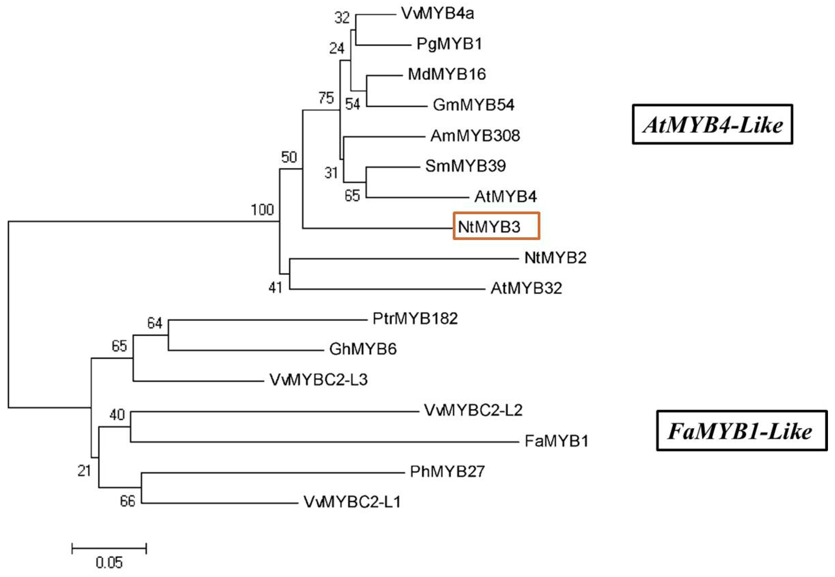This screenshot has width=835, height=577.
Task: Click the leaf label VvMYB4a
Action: [x=437, y=14]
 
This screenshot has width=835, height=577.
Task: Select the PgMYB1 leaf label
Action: [x=449, y=44]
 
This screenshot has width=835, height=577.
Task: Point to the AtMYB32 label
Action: [x=526, y=288]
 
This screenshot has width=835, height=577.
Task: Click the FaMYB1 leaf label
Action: [x=556, y=441]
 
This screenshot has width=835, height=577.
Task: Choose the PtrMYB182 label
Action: [x=415, y=319]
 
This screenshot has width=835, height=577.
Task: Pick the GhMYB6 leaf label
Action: [x=363, y=349]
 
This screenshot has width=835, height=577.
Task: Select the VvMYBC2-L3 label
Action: [x=318, y=380]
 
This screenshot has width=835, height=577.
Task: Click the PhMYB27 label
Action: [x=447, y=471]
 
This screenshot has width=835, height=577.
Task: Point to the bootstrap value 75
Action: [x=326, y=98]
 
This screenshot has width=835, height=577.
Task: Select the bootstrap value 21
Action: [x=84, y=471]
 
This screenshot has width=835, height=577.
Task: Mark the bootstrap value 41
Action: [x=275, y=288]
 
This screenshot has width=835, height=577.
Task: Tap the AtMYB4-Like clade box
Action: [x=712, y=125]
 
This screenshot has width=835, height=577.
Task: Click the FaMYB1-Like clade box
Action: [x=741, y=431]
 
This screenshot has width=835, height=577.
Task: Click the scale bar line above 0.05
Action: [x=109, y=549]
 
